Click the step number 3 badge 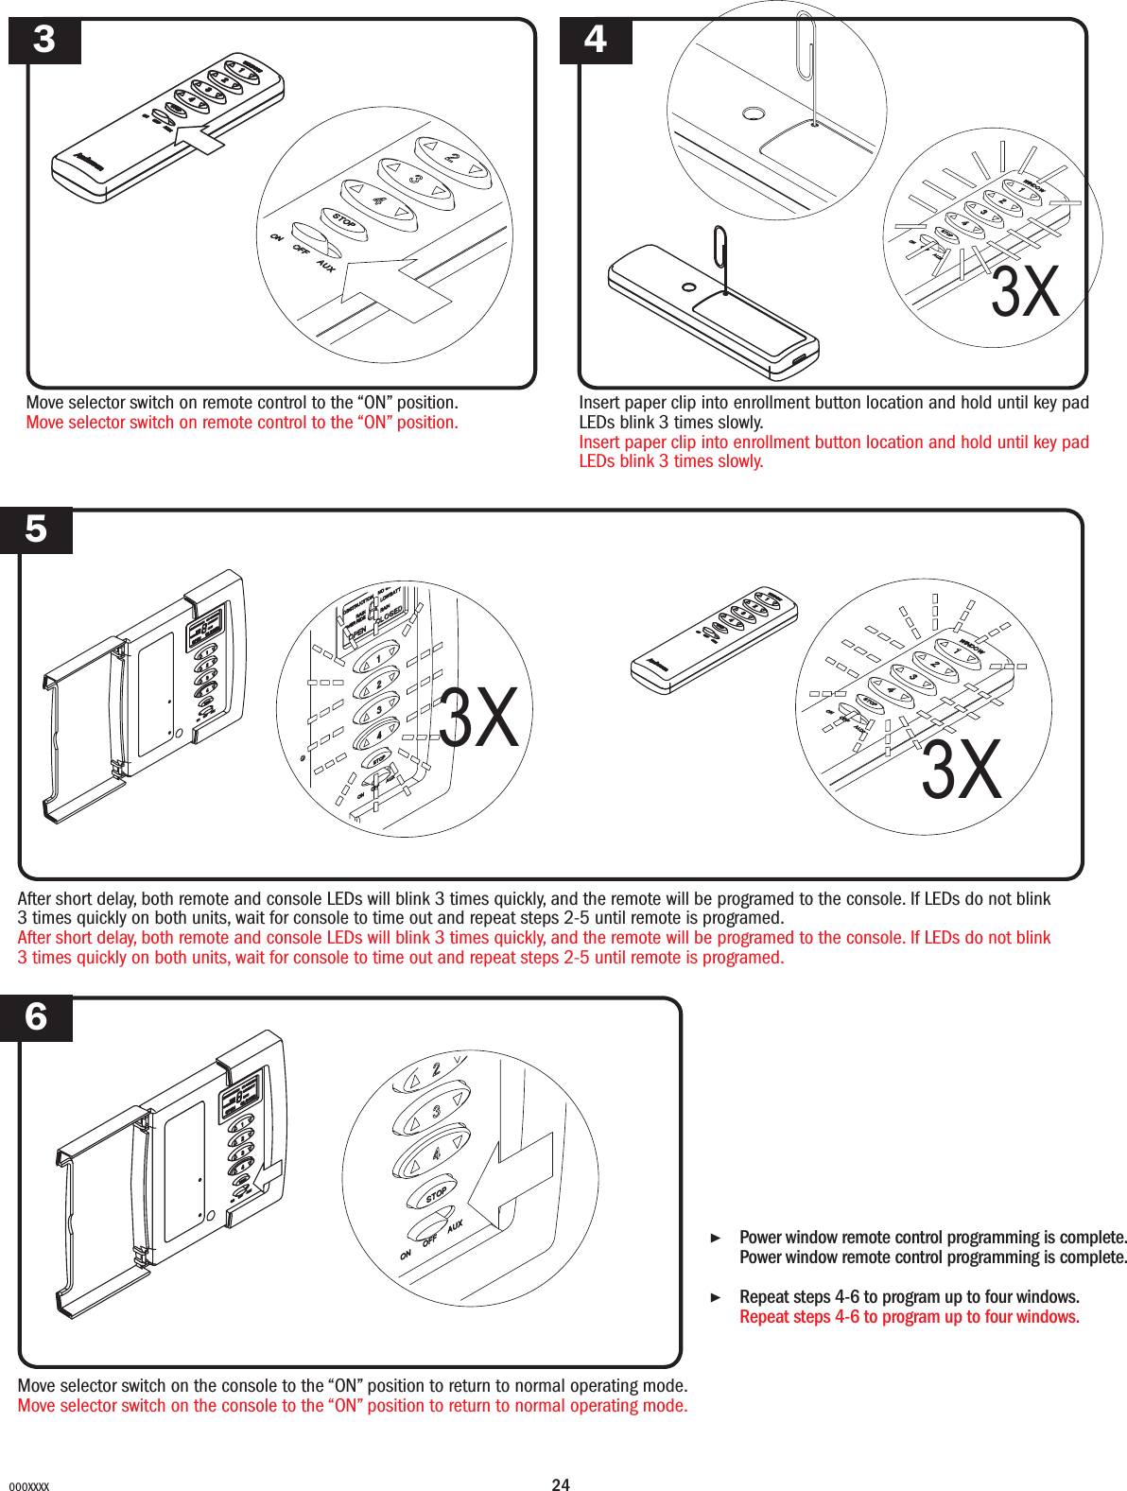pos(44,41)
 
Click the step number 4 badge pos(596,41)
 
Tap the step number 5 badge pos(36,529)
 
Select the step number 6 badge pos(36,1018)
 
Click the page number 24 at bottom pos(561,1484)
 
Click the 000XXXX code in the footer pos(28,1486)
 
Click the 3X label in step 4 pos(1025,292)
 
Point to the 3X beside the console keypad pos(478,718)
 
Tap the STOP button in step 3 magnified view pos(344,221)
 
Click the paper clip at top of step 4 pos(806,47)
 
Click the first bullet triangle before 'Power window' pos(716,1238)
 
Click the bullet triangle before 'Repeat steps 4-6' pos(716,1297)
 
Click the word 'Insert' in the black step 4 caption pos(599,403)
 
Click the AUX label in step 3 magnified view pos(326,266)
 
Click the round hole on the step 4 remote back pos(689,287)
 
